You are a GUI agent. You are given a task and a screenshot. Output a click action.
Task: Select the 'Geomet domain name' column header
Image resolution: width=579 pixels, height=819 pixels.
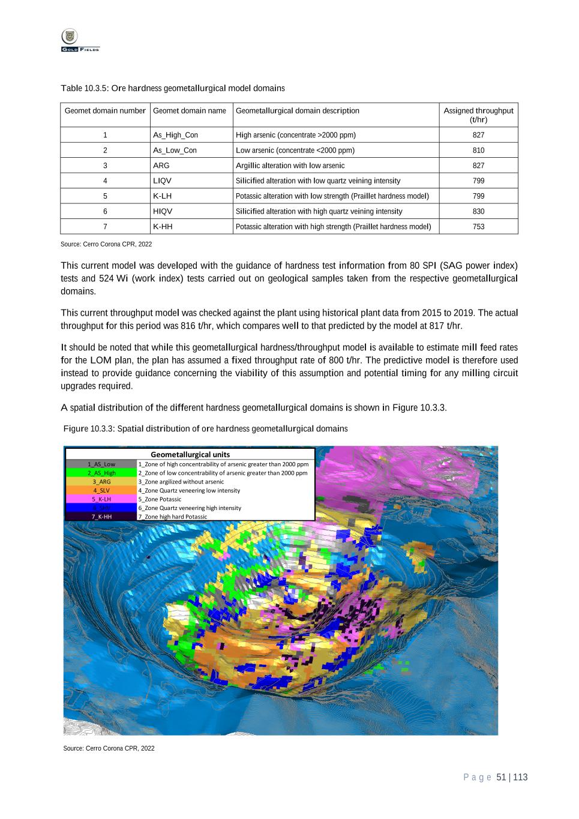point(190,111)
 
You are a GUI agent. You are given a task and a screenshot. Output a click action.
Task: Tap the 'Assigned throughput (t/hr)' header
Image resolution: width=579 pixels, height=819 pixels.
point(478,115)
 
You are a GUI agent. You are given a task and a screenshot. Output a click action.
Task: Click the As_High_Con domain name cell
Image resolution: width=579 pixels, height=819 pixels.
point(175,135)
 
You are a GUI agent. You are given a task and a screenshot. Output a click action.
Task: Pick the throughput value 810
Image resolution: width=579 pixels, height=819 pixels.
point(478,150)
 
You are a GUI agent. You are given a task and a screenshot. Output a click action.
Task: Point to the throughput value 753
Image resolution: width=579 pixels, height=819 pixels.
point(478,226)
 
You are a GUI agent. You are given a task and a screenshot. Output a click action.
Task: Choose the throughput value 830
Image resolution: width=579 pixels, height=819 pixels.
point(478,211)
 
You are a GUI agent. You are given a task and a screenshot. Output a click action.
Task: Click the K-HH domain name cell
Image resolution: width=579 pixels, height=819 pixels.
point(163,226)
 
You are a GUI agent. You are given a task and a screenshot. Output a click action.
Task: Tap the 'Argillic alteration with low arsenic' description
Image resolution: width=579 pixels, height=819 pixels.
point(290,166)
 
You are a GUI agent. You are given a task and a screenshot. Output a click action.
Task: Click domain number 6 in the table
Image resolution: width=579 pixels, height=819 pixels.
point(105,211)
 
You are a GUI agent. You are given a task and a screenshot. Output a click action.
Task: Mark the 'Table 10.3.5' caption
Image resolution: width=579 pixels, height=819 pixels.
point(172,89)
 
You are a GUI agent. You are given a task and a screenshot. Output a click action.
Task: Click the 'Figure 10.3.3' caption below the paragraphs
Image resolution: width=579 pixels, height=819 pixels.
point(206,428)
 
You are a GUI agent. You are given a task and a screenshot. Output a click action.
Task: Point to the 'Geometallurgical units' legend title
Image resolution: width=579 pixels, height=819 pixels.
point(190,454)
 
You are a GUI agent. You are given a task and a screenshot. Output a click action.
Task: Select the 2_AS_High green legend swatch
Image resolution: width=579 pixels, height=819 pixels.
point(101,473)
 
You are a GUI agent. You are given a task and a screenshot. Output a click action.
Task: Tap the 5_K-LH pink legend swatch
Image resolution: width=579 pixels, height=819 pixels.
point(101,499)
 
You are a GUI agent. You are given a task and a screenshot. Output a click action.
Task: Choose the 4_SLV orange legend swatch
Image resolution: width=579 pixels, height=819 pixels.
point(101,490)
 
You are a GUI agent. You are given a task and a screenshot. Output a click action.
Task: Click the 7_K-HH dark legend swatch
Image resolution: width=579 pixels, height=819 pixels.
point(101,517)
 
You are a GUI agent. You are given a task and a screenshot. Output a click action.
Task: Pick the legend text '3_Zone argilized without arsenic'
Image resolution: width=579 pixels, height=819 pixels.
point(181,482)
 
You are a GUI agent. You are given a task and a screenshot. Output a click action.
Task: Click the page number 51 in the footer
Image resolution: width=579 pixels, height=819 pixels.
point(502,778)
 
